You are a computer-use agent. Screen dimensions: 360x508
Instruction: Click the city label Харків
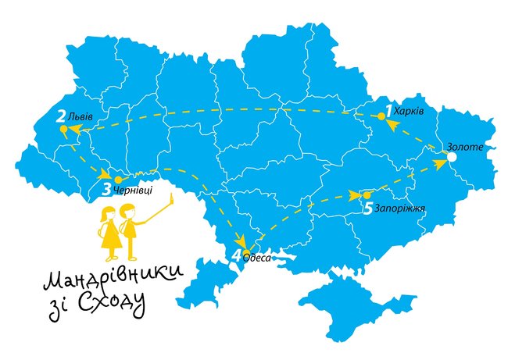pos(410,112)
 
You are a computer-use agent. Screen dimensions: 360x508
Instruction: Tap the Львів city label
pos(80,117)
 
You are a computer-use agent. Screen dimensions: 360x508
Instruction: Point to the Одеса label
pos(257,255)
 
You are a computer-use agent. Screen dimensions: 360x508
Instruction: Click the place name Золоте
pos(466,147)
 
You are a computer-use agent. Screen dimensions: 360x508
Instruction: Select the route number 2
pos(60,117)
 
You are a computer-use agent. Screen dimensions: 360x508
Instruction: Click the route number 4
pos(237,254)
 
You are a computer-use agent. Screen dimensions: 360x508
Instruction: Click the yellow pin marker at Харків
pos(381,116)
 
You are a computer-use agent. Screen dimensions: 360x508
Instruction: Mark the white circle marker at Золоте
pos(450,159)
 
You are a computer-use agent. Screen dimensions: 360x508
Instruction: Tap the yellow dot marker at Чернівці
pos(118,180)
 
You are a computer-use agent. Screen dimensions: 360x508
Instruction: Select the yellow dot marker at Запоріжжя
pos(367,194)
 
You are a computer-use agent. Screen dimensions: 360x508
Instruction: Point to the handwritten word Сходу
pos(118,306)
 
